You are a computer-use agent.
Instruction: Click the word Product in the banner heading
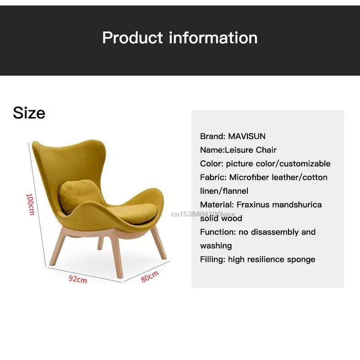click(x=133, y=38)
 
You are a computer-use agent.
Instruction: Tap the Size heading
click(x=29, y=113)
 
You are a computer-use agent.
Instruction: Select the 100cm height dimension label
click(x=31, y=204)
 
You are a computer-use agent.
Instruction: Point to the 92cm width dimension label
click(x=78, y=279)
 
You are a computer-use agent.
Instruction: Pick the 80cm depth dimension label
click(x=149, y=276)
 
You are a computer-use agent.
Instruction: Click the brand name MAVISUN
click(x=247, y=136)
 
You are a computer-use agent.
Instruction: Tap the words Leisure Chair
click(x=251, y=150)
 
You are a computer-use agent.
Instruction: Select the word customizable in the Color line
click(x=305, y=164)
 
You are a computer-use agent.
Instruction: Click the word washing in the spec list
click(x=216, y=246)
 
